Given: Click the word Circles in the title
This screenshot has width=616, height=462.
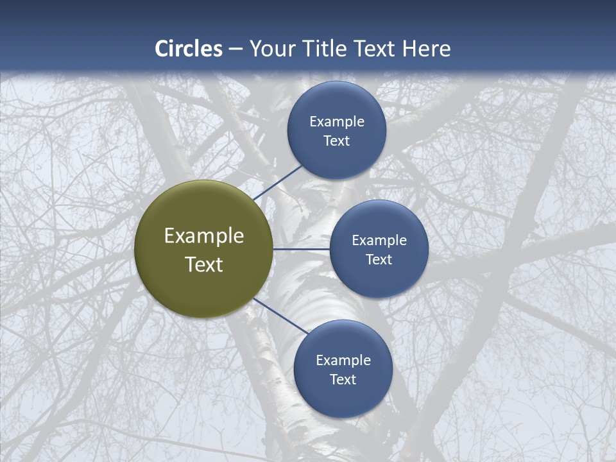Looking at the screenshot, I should click(189, 49).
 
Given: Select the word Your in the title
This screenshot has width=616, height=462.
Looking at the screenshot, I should click(273, 49).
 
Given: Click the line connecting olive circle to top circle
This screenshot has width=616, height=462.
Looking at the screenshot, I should click(277, 182).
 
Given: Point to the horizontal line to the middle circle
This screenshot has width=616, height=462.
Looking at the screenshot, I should click(301, 249).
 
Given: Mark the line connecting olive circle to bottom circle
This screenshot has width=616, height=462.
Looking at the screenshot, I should click(280, 317).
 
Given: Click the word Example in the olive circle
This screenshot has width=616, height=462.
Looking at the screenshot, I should click(204, 236).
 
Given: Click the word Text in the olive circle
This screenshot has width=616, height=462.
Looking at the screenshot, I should click(204, 264).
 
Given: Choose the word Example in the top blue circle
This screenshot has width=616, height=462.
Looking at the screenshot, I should click(337, 122).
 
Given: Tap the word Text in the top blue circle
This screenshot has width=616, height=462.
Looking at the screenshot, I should click(337, 141).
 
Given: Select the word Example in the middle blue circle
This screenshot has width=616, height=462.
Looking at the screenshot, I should click(379, 241).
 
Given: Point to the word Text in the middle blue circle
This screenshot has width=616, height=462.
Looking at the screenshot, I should click(379, 259).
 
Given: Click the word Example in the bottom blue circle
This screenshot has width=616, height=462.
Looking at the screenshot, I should click(343, 361).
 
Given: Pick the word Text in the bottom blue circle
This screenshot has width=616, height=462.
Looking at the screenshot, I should click(343, 379).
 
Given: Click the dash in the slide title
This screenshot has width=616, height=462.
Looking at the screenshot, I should click(235, 49).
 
